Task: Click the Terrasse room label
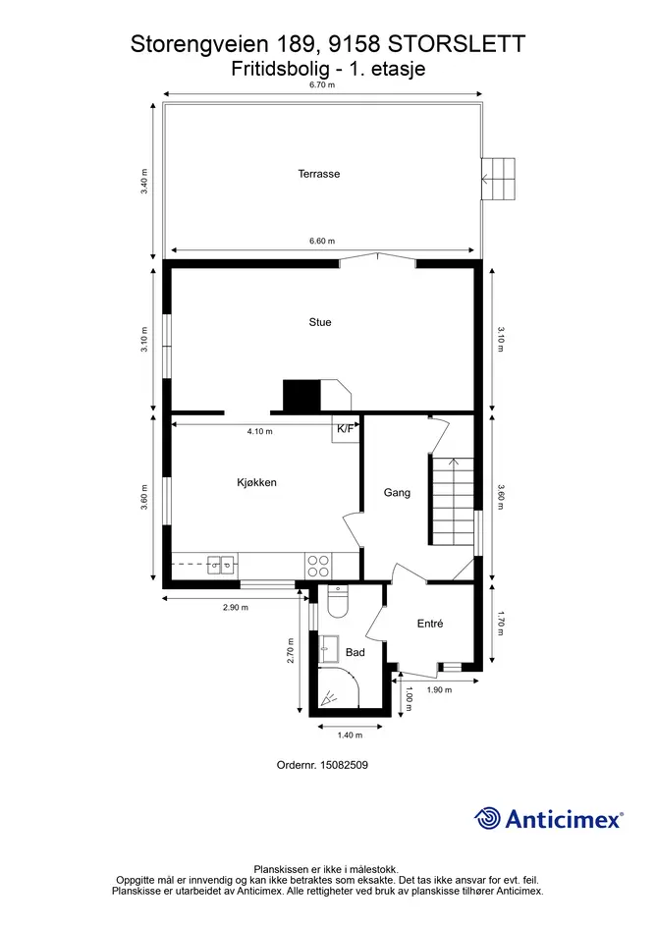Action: coord(318,174)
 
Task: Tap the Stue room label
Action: coord(320,322)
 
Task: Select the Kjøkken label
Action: coord(256,482)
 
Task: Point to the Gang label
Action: coord(397,492)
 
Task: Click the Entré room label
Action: coord(430,624)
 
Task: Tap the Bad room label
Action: coord(355,652)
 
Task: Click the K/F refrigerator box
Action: coord(345,428)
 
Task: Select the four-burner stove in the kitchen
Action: coord(318,566)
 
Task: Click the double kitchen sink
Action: coord(222,565)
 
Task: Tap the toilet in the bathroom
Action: coord(337,601)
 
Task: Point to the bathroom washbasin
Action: coord(329,649)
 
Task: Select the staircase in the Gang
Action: coord(453,501)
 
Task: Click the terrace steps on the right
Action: coord(498,179)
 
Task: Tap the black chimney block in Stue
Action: coord(301,396)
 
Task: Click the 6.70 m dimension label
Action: coord(322,84)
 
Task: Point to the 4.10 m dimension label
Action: coord(260,431)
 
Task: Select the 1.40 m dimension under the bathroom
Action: coord(350,736)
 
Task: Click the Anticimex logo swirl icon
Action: coord(487,819)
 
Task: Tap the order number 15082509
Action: coord(344,765)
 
